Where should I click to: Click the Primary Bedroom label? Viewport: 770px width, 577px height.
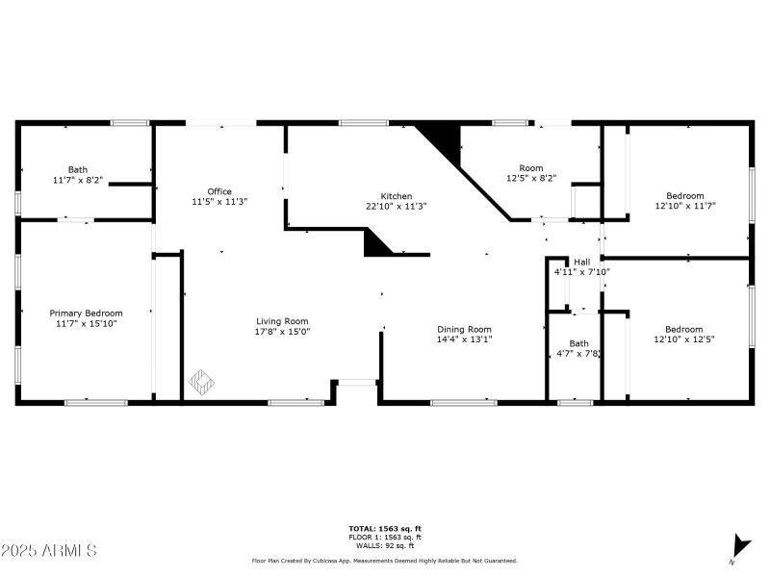coord(87,313)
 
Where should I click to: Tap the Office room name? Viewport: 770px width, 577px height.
coord(219,191)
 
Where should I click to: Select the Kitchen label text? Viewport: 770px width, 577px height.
coord(396,196)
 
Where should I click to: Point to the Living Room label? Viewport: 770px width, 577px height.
coord(282,321)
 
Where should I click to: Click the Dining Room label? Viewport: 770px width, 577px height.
coord(464,329)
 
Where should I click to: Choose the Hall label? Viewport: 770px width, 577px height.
coord(581,262)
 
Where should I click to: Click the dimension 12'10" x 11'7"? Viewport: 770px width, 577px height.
coord(684,206)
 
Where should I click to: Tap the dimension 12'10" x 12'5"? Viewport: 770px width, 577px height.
coord(684,339)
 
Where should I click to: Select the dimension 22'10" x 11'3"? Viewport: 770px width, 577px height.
coord(396,206)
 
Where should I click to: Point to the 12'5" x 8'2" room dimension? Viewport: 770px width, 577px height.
coord(531,178)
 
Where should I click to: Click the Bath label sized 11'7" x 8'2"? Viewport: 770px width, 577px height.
coord(77,169)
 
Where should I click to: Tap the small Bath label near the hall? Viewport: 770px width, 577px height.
coord(578,343)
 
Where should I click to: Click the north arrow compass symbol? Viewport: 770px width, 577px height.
coord(739,545)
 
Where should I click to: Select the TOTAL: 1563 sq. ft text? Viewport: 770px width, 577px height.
coord(384,529)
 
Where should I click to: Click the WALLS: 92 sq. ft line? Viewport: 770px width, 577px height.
coord(384,544)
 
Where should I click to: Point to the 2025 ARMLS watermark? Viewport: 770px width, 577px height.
coord(49,551)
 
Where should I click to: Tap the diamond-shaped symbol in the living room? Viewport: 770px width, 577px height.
coord(200,382)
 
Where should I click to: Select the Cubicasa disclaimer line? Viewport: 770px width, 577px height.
coord(384,561)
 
